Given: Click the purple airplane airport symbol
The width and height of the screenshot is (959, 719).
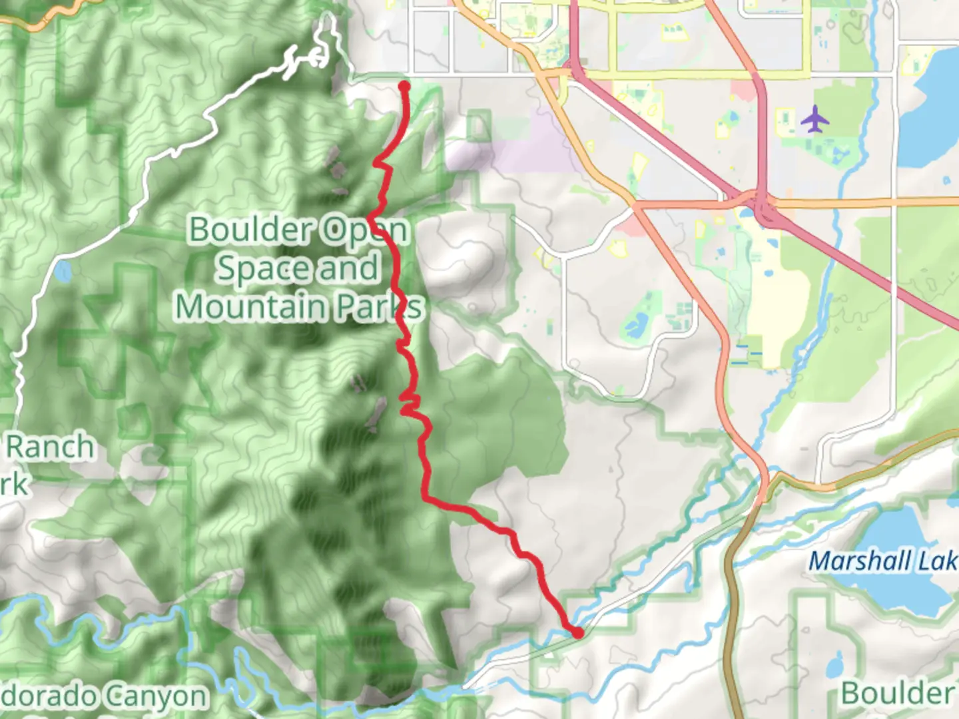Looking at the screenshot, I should [815, 120].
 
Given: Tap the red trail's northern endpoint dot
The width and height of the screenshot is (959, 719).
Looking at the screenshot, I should [404, 85].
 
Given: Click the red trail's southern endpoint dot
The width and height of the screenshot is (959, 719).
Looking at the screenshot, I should [577, 632].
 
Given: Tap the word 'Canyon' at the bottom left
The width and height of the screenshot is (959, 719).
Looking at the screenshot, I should [156, 697].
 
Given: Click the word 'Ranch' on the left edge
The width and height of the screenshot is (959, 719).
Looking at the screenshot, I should [50, 447].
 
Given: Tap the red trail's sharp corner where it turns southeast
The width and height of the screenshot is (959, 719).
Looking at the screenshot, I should [426, 497].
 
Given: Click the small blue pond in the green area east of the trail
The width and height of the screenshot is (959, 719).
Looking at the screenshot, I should [636, 324].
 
